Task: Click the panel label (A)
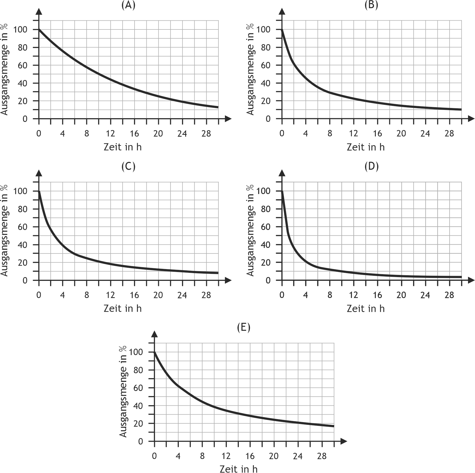click(128, 5)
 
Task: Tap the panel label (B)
click(371, 5)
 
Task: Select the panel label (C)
click(128, 167)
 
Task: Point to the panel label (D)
click(372, 167)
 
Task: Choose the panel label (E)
click(244, 327)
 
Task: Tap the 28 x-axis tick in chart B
click(449, 133)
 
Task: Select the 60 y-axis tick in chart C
click(23, 227)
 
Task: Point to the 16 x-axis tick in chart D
click(377, 295)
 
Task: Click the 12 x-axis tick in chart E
click(226, 456)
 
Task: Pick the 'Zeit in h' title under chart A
click(123, 147)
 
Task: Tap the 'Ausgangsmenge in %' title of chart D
click(250, 230)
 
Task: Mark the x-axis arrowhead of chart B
click(471, 119)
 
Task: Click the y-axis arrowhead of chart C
click(39, 173)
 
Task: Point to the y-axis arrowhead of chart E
click(155, 334)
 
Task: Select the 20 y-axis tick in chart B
click(266, 101)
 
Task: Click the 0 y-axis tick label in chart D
click(268, 280)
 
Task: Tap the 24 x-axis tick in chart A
click(182, 133)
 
